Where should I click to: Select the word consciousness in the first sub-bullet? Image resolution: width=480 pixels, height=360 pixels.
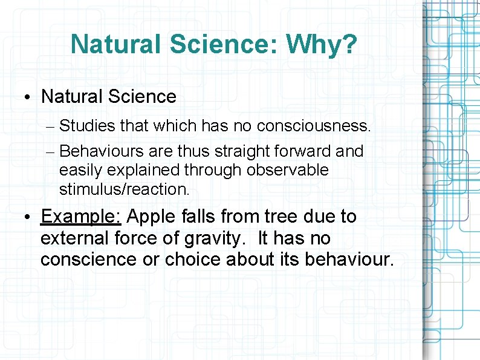(313, 126)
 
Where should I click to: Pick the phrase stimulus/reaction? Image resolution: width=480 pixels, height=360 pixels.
(124, 189)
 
